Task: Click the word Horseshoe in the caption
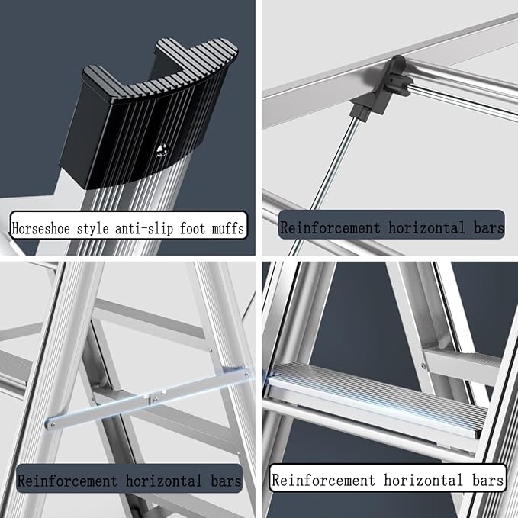pyautogui.click(x=41, y=228)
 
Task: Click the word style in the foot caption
pyautogui.click(x=92, y=229)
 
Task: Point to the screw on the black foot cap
pyautogui.click(x=163, y=150)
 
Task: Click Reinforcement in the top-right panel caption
pyautogui.click(x=330, y=228)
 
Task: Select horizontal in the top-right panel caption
pyautogui.click(x=426, y=228)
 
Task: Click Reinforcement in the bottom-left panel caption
pyautogui.click(x=67, y=481)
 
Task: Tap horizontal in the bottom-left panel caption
pyautogui.click(x=164, y=481)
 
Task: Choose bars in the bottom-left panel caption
pyautogui.click(x=226, y=481)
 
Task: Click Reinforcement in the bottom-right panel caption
pyautogui.click(x=323, y=480)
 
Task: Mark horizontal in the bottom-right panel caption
pyautogui.click(x=423, y=480)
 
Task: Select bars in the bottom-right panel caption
pyautogui.click(x=487, y=480)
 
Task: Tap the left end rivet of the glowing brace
pyautogui.click(x=50, y=424)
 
